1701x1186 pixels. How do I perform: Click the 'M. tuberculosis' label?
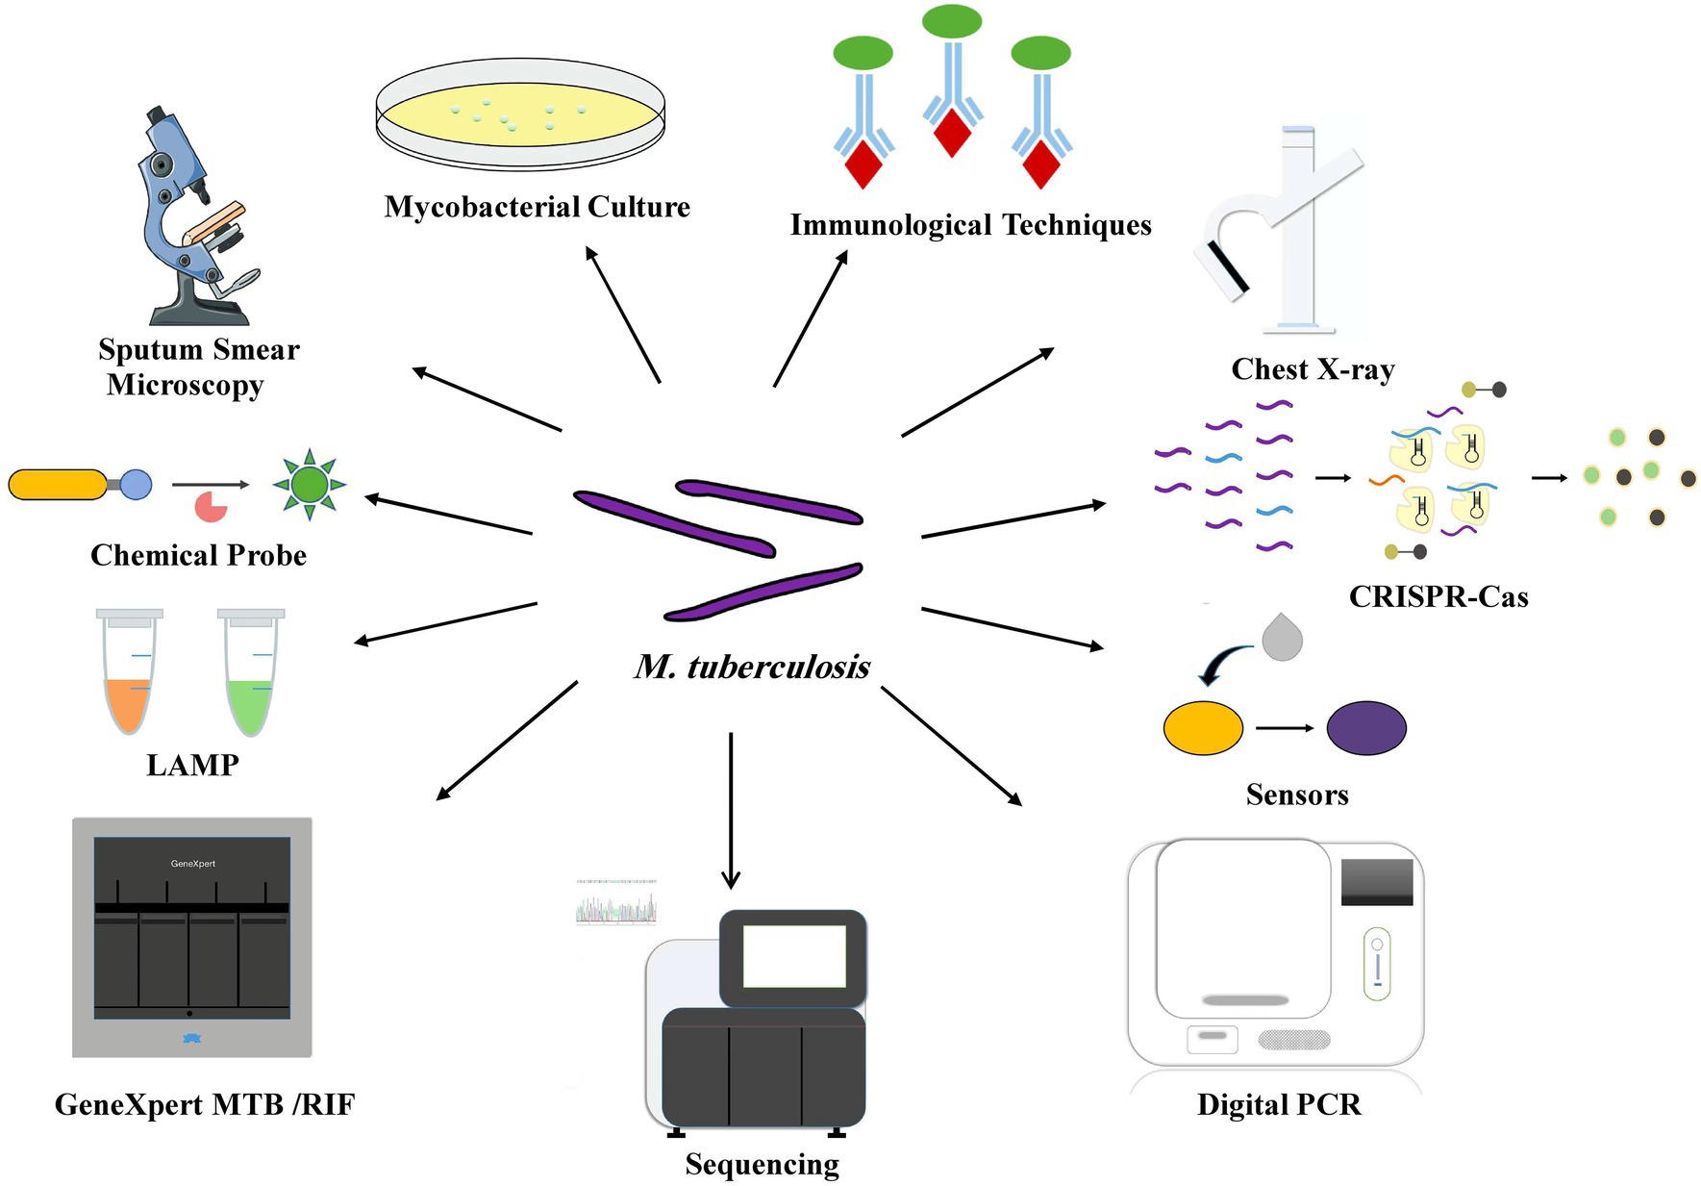pyautogui.click(x=752, y=667)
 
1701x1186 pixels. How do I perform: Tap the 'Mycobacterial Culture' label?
pyautogui.click(x=537, y=207)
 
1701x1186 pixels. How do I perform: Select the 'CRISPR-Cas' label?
pyautogui.click(x=1438, y=596)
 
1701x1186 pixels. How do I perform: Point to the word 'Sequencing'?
pyautogui.click(x=762, y=1164)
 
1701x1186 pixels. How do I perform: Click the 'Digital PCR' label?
pyautogui.click(x=1278, y=1104)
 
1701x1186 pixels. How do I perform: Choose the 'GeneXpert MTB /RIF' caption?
pyautogui.click(x=205, y=1104)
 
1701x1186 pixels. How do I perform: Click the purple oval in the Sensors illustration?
pyautogui.click(x=1365, y=728)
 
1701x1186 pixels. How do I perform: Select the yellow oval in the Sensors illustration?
pyautogui.click(x=1203, y=728)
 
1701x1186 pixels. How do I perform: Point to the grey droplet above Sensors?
pyautogui.click(x=1282, y=639)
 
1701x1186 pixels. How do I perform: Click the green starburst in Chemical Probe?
pyautogui.click(x=309, y=484)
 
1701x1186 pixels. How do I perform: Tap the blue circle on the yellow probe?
pyautogui.click(x=136, y=484)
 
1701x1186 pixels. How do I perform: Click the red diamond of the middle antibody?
pyautogui.click(x=952, y=133)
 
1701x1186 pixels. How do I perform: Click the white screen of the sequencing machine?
pyautogui.click(x=793, y=956)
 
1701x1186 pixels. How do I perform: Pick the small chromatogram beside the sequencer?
pyautogui.click(x=616, y=904)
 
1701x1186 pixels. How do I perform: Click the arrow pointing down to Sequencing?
pyautogui.click(x=731, y=808)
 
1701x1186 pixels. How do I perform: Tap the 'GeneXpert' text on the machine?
pyautogui.click(x=192, y=864)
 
